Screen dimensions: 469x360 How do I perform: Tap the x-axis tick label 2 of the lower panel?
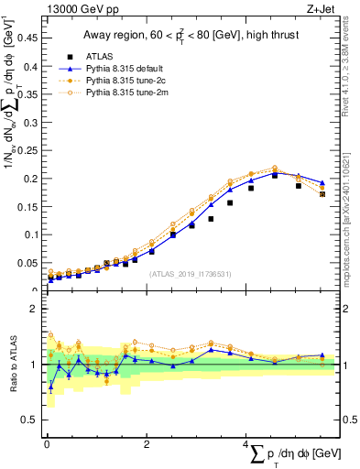click(147, 444)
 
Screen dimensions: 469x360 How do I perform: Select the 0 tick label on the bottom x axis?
click(47, 444)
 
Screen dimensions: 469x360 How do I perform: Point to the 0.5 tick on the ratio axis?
click(32, 420)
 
